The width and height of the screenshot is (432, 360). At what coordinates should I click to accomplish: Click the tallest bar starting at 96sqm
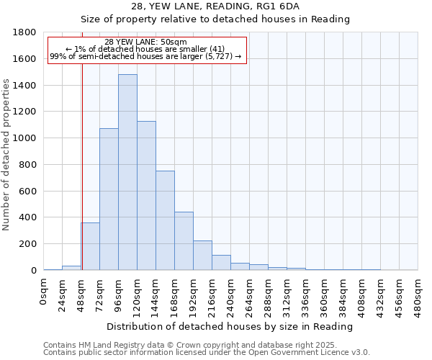point(127,172)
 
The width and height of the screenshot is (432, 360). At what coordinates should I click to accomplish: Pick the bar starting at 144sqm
point(165,220)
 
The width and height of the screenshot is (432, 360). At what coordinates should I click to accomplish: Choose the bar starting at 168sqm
point(184,241)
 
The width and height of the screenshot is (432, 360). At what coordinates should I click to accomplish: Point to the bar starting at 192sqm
point(202,256)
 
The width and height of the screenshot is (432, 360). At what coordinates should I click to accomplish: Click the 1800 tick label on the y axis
point(25,32)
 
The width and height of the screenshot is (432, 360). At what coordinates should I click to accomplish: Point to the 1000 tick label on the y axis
point(25,138)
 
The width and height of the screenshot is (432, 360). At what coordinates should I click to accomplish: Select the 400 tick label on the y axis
point(29,217)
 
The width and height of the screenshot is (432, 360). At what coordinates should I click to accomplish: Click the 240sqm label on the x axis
point(231,295)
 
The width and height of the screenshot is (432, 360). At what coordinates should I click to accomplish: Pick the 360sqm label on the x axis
point(325,295)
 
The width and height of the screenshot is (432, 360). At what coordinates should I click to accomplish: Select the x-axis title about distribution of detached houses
point(230,326)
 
